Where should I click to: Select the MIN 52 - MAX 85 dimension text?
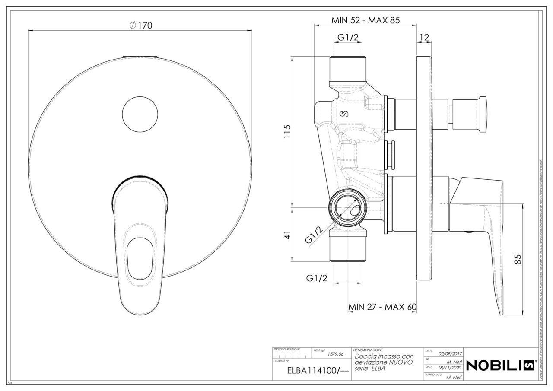[x=365, y=20]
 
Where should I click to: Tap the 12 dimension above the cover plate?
[x=424, y=38]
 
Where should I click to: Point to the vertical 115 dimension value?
[x=287, y=132]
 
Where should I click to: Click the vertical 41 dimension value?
[x=287, y=235]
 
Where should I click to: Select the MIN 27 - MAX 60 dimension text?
[x=382, y=307]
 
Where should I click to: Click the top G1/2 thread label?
[x=348, y=38]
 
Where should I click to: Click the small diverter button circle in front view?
[x=140, y=113]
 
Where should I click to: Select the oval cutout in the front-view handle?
[x=140, y=257]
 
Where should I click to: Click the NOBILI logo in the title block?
[x=502, y=365]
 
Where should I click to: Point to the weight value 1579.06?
[x=335, y=353]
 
